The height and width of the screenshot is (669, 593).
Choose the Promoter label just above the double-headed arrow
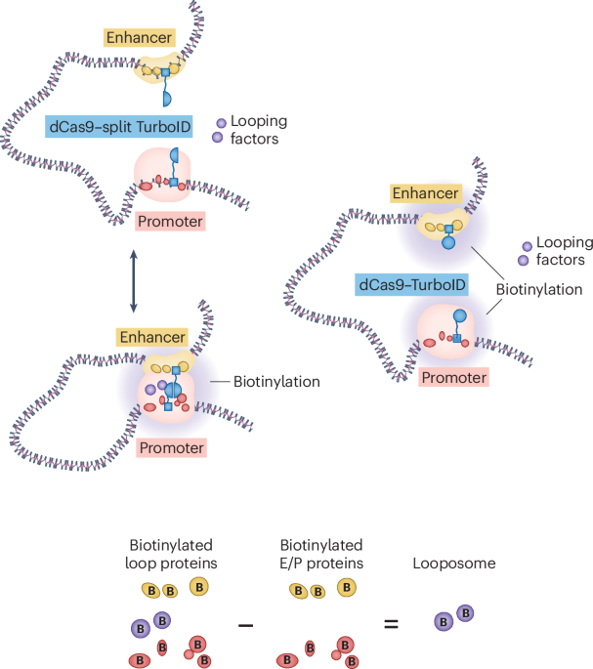click(170, 222)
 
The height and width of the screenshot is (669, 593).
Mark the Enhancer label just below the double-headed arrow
click(152, 337)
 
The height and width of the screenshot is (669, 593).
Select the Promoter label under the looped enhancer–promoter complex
click(171, 448)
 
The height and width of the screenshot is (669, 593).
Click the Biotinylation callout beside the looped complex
click(278, 382)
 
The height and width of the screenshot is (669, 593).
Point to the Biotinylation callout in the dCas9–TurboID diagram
click(539, 290)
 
